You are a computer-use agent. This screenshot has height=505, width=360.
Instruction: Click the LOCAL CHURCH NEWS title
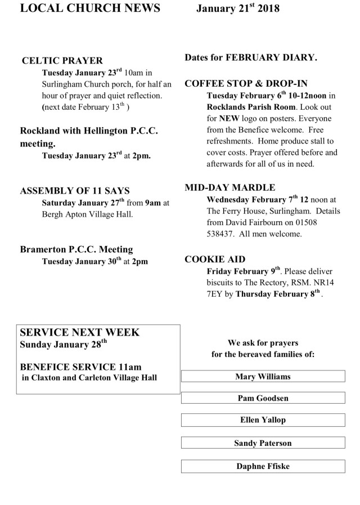pos(89,8)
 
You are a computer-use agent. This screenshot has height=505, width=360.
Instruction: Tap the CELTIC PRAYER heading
pos(62,61)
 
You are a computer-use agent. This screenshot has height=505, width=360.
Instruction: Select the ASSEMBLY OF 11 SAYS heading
pos(75,191)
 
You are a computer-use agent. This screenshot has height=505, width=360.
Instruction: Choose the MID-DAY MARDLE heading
pos(230,187)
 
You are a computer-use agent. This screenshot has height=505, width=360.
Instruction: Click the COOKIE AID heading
pos(215,259)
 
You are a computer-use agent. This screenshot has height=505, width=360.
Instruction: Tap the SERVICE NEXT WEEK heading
pos(79,332)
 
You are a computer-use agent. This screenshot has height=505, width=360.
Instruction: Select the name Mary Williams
pos(263,377)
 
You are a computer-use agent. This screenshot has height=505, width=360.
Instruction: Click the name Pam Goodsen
pos(263,398)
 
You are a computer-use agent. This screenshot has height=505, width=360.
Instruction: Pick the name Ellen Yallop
pos(263,420)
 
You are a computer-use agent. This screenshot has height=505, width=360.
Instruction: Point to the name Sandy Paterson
pos(263,443)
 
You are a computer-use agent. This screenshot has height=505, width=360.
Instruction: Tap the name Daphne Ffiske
pos(263,466)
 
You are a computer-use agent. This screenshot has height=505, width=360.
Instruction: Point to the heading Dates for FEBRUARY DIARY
pos(251,57)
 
